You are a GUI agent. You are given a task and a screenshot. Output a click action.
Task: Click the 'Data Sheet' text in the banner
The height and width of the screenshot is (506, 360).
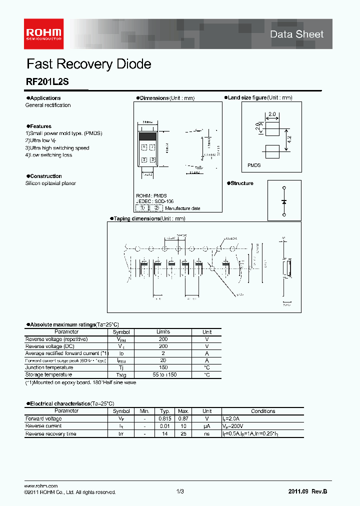pyautogui.click(x=296, y=34)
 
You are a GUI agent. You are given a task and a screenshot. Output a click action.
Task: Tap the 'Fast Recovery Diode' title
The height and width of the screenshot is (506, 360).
pyautogui.click(x=88, y=64)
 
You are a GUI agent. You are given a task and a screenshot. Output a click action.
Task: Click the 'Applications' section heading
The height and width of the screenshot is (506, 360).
pyautogui.click(x=45, y=98)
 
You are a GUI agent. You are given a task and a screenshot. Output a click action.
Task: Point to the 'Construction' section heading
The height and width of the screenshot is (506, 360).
pyautogui.click(x=46, y=176)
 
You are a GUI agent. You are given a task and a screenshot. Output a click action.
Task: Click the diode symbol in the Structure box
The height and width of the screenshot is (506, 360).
pyautogui.click(x=284, y=201)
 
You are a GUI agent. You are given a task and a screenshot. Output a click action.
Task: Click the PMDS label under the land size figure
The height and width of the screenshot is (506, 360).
pyautogui.click(x=254, y=165)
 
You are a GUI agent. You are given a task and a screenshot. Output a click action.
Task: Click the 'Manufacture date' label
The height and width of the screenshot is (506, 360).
pyautogui.click(x=182, y=208)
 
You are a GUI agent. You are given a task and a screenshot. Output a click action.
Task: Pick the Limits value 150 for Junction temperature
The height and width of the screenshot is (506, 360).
pyautogui.click(x=163, y=367)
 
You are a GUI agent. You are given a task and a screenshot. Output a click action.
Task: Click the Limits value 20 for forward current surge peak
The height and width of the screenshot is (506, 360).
pyautogui.click(x=163, y=360)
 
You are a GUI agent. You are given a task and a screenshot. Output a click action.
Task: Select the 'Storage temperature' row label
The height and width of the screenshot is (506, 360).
pyautogui.click(x=48, y=374)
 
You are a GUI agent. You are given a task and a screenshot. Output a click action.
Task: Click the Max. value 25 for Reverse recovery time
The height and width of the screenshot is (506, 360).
pyautogui.click(x=184, y=433)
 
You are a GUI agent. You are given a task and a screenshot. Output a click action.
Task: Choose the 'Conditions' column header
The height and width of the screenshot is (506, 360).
pyautogui.click(x=263, y=411)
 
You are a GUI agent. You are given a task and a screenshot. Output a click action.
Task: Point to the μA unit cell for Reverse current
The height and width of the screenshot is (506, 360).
pyautogui.click(x=206, y=426)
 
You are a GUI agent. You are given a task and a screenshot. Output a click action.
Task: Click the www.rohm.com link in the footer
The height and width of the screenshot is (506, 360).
pyautogui.click(x=41, y=486)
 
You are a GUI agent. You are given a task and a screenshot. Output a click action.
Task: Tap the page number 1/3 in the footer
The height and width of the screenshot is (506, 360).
pyautogui.click(x=180, y=492)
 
